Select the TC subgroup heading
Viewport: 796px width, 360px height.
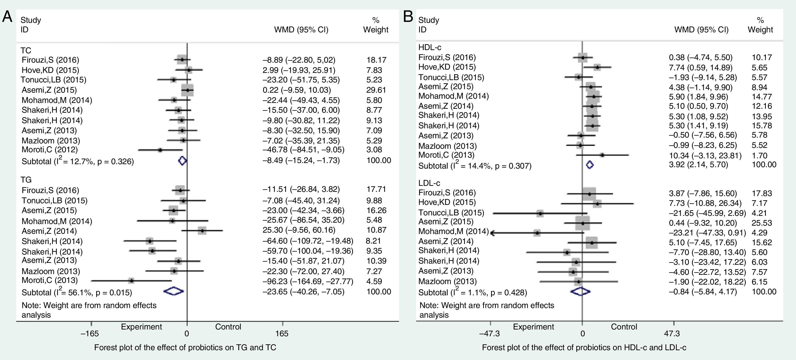tap(26, 50)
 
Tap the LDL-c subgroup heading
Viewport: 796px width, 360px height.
tap(429, 183)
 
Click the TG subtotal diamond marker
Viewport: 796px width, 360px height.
tap(174, 291)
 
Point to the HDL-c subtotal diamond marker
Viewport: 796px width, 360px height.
tap(590, 165)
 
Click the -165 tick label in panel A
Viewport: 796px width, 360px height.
tap(90, 334)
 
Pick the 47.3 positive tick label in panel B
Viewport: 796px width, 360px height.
tap(672, 334)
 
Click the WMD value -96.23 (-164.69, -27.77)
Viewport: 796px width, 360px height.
tap(308, 282)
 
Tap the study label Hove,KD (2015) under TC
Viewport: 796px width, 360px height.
tap(50, 70)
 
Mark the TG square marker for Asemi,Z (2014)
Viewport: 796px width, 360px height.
tap(202, 231)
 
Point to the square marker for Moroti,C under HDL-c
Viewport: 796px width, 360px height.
tap(602, 155)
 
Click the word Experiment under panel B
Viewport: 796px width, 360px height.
tap(533, 327)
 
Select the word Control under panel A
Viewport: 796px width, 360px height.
tap(228, 327)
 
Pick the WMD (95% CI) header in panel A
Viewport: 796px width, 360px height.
tap(301, 30)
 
